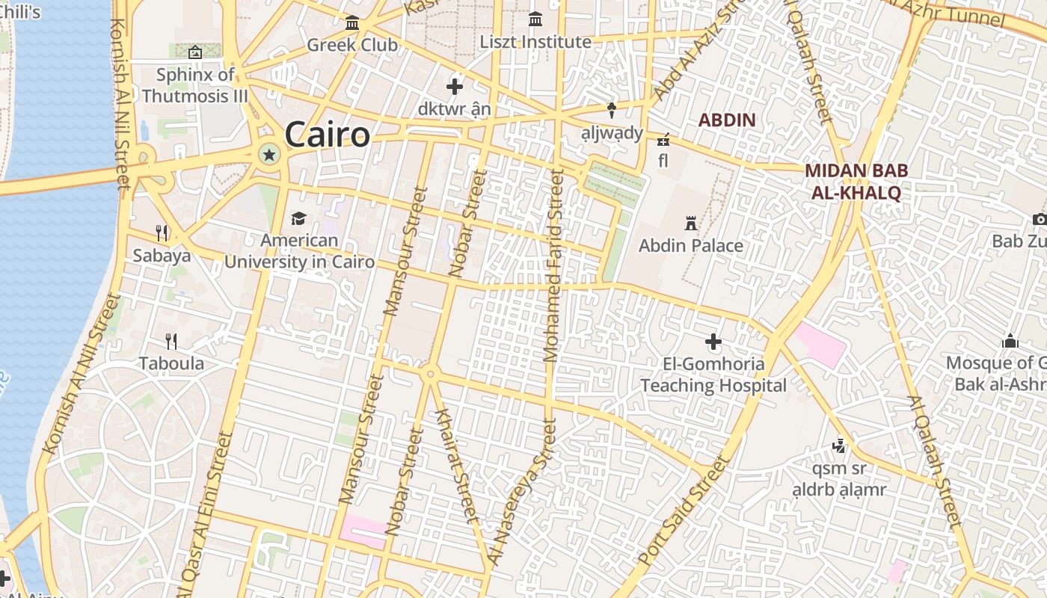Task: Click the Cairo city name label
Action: click(327, 135)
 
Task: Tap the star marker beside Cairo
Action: click(268, 155)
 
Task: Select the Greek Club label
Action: click(352, 45)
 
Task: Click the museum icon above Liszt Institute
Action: click(535, 19)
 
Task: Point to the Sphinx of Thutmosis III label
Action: click(195, 85)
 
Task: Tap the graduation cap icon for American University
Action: click(299, 218)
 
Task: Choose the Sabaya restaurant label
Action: click(162, 256)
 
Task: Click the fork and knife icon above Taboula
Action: click(171, 342)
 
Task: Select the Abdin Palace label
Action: click(691, 245)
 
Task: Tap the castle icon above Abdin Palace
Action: click(691, 223)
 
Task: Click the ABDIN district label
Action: click(727, 120)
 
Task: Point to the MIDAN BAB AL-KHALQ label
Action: click(856, 182)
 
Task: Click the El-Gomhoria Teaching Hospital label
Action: click(713, 375)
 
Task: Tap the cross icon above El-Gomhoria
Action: click(713, 342)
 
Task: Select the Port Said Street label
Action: click(682, 511)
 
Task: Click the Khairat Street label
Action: click(455, 465)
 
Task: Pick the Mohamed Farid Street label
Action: click(554, 265)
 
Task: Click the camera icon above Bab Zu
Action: click(1040, 219)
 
